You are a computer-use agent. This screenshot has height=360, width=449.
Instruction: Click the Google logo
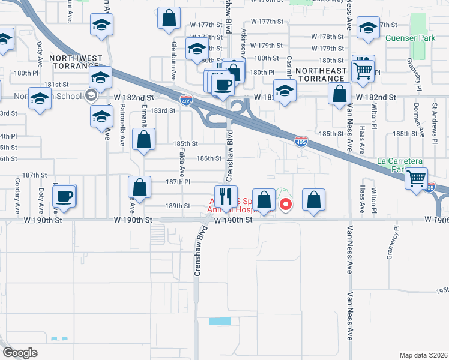pos(20,353)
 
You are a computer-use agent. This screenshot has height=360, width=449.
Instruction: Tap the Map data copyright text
pos(424,355)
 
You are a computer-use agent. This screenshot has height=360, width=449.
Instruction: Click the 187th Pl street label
pos(178,181)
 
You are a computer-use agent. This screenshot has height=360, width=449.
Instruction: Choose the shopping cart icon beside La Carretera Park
pos(416,178)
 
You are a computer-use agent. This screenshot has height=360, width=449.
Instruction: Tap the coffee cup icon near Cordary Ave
pos(64,196)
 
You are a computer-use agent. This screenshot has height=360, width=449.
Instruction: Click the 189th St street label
pos(178,205)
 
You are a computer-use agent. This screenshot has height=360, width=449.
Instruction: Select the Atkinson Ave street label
pos(244,43)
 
